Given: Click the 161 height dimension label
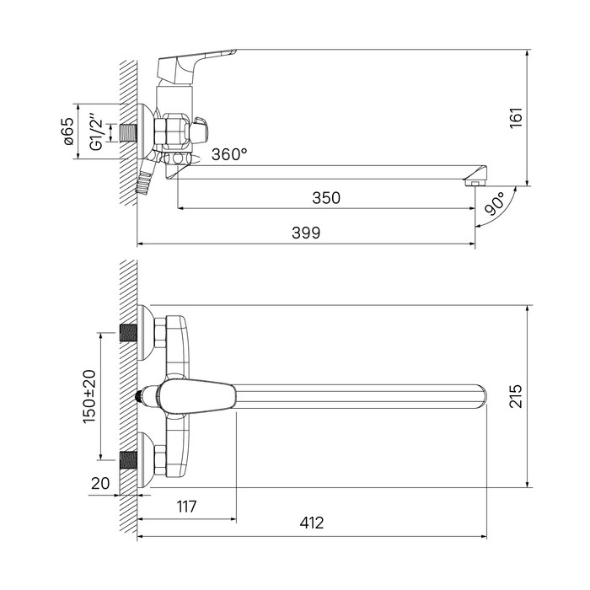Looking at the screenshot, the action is (516, 117).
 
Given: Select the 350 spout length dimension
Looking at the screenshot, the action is (326, 198).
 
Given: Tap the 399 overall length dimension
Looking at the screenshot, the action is (306, 233).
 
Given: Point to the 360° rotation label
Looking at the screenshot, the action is (229, 154).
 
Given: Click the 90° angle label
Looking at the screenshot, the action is (496, 203).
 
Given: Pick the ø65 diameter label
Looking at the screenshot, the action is (69, 131).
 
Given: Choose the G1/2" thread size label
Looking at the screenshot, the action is (97, 130).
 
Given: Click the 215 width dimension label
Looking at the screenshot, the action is (516, 396).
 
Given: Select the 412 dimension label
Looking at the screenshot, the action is (312, 523).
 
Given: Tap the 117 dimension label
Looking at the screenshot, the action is (186, 507).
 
